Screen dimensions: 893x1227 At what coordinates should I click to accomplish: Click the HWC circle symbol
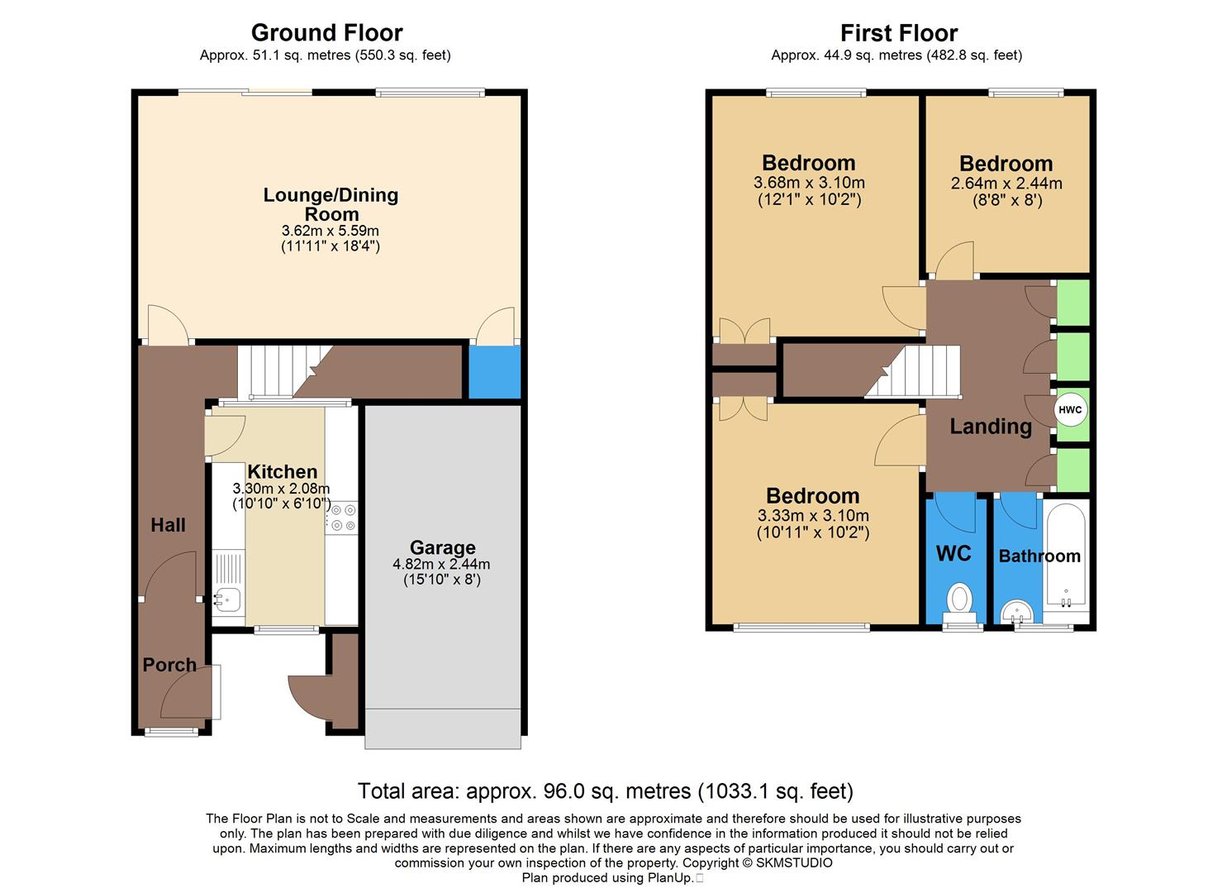click(1070, 410)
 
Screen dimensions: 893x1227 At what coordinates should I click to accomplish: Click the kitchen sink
click(226, 598)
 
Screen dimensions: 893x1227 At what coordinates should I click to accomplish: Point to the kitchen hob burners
click(341, 518)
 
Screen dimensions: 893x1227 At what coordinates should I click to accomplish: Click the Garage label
click(442, 547)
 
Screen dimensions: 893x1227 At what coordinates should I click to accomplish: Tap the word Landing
click(990, 427)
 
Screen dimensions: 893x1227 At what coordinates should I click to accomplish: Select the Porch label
click(169, 665)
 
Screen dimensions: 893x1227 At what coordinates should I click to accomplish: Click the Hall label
click(168, 525)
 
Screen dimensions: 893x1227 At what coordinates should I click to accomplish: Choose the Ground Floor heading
click(326, 33)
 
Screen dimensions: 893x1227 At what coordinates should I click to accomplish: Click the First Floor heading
click(898, 33)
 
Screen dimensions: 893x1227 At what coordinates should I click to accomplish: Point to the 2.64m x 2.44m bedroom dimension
click(1006, 184)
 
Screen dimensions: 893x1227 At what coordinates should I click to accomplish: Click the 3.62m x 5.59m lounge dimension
click(330, 231)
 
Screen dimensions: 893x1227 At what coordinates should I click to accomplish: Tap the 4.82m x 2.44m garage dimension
click(441, 565)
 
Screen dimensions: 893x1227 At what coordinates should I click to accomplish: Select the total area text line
click(605, 791)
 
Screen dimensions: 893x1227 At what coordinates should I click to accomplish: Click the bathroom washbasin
click(1017, 613)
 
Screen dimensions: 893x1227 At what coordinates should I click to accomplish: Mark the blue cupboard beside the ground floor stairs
click(494, 371)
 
